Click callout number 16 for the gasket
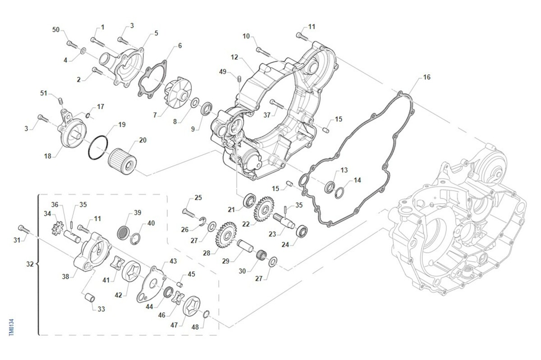(426, 77)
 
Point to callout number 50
(56, 30)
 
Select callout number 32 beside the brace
(29, 264)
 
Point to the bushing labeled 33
(89, 298)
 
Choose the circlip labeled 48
(206, 314)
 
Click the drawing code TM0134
(11, 327)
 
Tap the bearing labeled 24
(302, 232)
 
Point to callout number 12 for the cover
(234, 57)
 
